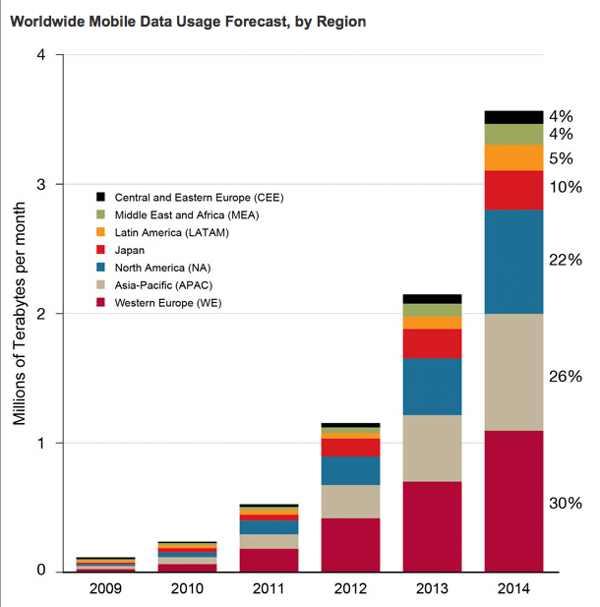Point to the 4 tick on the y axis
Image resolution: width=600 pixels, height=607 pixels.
click(41, 55)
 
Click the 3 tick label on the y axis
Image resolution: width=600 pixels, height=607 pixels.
click(41, 185)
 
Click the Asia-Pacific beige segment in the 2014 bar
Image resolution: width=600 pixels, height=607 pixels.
click(514, 372)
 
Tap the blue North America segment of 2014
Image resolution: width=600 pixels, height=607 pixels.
click(514, 262)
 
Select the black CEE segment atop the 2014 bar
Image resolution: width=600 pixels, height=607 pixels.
click(514, 117)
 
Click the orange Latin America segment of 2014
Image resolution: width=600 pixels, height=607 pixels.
click(514, 157)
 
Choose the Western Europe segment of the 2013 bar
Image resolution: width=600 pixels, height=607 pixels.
click(433, 526)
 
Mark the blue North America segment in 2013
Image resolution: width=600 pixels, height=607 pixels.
click(433, 387)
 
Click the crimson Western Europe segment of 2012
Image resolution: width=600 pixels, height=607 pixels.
click(351, 544)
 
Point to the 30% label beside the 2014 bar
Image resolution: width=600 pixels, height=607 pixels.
click(566, 503)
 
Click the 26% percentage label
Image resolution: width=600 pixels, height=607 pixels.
click(566, 376)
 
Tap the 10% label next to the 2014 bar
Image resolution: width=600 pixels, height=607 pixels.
click(566, 187)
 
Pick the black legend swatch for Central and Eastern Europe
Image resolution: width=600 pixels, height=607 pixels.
click(100, 197)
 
